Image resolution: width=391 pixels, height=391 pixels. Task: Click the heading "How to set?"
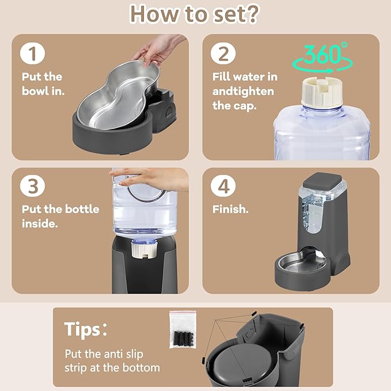[x=195, y=14]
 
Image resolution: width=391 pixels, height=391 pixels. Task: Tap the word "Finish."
[x=230, y=209]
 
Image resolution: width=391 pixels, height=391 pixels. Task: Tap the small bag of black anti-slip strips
[x=183, y=329]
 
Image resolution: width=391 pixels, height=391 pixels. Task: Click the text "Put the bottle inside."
[x=60, y=216]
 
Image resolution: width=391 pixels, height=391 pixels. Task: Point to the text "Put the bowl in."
[x=43, y=83]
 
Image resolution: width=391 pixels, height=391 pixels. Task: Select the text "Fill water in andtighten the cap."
[x=243, y=91]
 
